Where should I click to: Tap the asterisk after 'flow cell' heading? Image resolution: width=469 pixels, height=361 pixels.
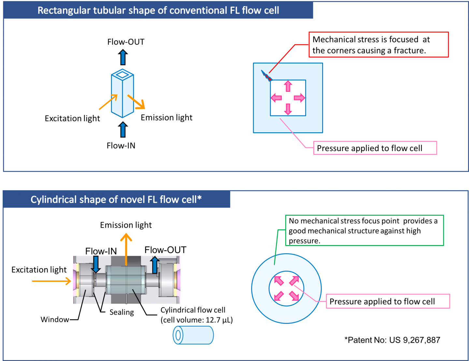click(x=199, y=197)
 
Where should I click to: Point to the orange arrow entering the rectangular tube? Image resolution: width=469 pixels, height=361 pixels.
click(x=108, y=102)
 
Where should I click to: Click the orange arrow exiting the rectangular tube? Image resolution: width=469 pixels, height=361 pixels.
click(x=136, y=102)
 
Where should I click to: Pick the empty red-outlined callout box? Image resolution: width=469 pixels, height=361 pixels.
click(x=378, y=45)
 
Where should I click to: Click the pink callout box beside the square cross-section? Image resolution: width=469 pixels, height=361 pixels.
click(x=375, y=148)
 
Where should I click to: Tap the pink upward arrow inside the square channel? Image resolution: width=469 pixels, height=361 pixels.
click(x=288, y=86)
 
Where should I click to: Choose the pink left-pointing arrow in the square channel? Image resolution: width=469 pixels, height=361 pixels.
click(x=276, y=98)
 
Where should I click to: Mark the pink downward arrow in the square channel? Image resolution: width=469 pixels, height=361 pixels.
click(x=288, y=109)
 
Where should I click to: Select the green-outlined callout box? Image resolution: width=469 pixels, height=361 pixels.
click(x=364, y=230)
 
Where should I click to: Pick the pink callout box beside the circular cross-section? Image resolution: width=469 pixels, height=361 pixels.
click(x=388, y=301)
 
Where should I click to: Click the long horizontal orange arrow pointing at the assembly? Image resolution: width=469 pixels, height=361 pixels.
click(x=51, y=281)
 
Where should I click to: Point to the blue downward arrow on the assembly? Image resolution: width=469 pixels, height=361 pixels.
click(x=96, y=264)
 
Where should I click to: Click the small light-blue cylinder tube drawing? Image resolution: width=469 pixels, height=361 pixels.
click(x=193, y=335)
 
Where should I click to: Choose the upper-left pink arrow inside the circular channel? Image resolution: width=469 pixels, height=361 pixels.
click(x=279, y=281)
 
